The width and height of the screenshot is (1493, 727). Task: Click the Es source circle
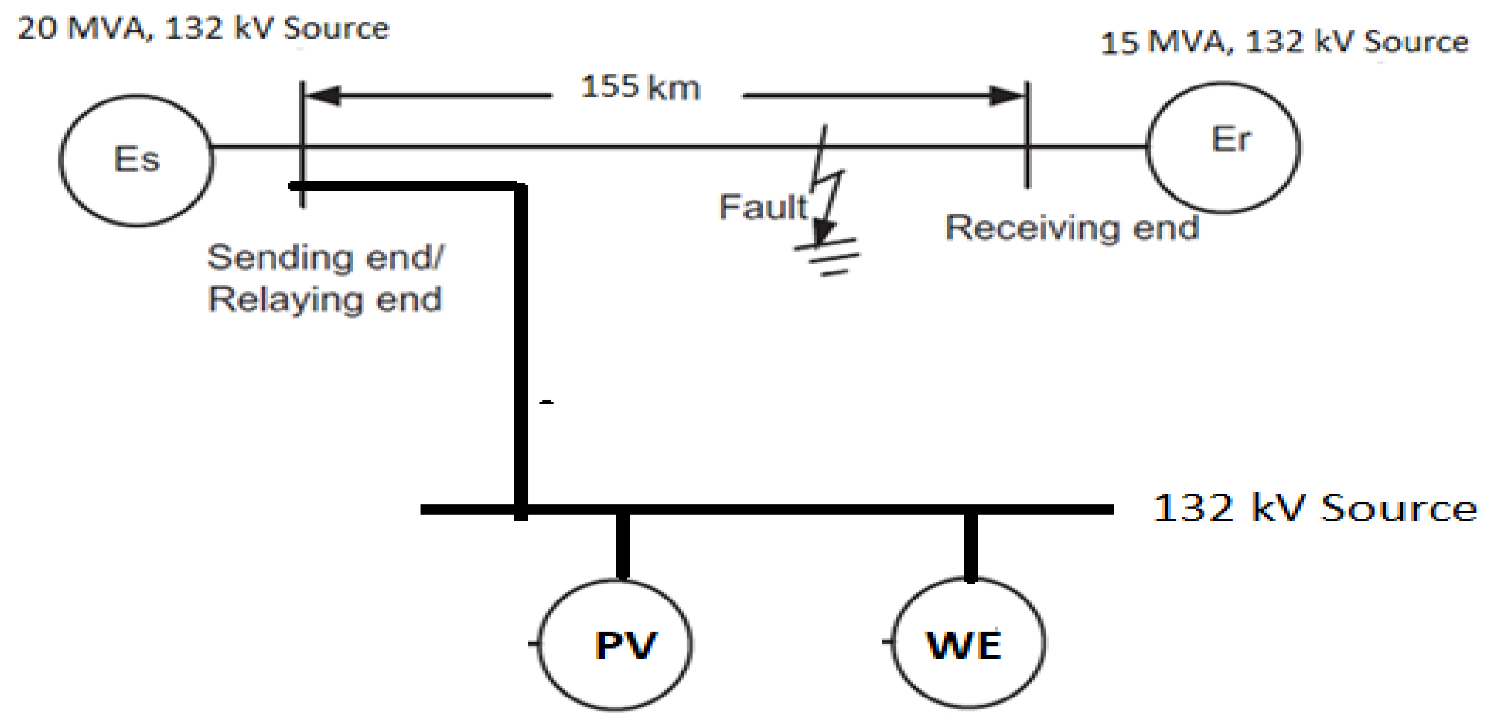pos(136,160)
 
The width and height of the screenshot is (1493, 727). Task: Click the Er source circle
pos(1223,147)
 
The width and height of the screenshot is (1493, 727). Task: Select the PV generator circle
pos(615,644)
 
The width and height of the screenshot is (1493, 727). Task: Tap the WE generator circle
pos(968,643)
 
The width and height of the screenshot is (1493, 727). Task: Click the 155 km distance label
pos(640,88)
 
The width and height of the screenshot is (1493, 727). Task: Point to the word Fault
pos(763,207)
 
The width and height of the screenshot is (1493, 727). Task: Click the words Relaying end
pos(325,300)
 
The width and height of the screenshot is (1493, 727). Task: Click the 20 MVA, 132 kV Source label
pos(203,28)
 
